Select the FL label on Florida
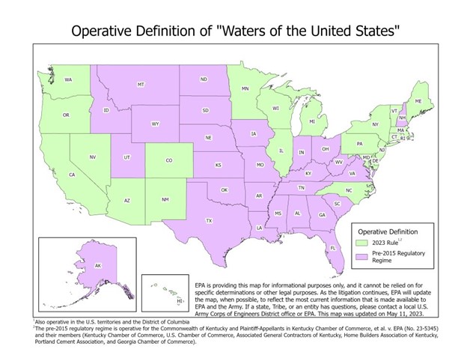332,248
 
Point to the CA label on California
72,175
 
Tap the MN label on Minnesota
245,89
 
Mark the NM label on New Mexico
165,200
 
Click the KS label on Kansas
219,165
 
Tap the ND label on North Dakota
204,79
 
